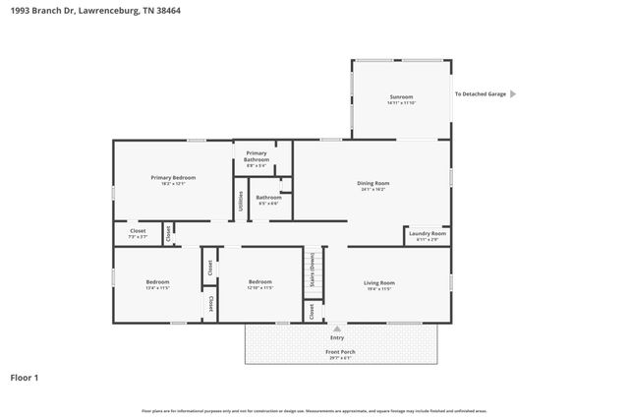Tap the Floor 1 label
pyautogui.click(x=25, y=377)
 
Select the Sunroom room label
pyautogui.click(x=401, y=96)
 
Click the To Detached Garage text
pyautogui.click(x=480, y=94)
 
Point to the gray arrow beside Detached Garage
pyautogui.click(x=512, y=94)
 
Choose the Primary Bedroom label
pyautogui.click(x=173, y=177)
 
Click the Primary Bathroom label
pyautogui.click(x=257, y=155)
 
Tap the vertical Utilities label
pyautogui.click(x=241, y=201)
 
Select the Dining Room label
pyautogui.click(x=373, y=183)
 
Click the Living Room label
pyautogui.click(x=379, y=282)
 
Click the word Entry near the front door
pyautogui.click(x=337, y=337)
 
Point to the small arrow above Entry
pyautogui.click(x=337, y=329)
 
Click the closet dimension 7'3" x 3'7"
pyautogui.click(x=138, y=237)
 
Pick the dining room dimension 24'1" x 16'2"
pyautogui.click(x=373, y=190)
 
